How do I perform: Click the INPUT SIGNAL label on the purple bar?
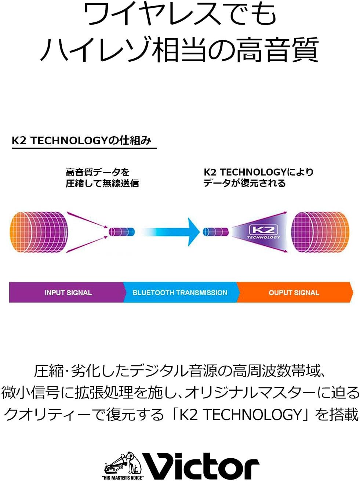pyautogui.click(x=68, y=293)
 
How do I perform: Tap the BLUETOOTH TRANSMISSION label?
pyautogui.click(x=180, y=293)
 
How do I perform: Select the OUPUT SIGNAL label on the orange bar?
pyautogui.click(x=294, y=293)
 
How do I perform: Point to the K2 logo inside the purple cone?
pyautogui.click(x=263, y=232)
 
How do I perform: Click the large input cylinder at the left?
pyautogui.click(x=39, y=232)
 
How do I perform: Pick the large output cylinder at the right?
pyautogui.click(x=320, y=232)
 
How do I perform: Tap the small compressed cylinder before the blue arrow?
pyautogui.click(x=122, y=232)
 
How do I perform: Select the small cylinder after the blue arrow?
pyautogui.click(x=216, y=232)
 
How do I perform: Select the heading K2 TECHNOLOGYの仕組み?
pyautogui.click(x=81, y=141)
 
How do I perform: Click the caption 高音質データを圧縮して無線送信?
pyautogui.click(x=102, y=178)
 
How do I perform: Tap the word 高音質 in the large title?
pyautogui.click(x=278, y=50)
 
